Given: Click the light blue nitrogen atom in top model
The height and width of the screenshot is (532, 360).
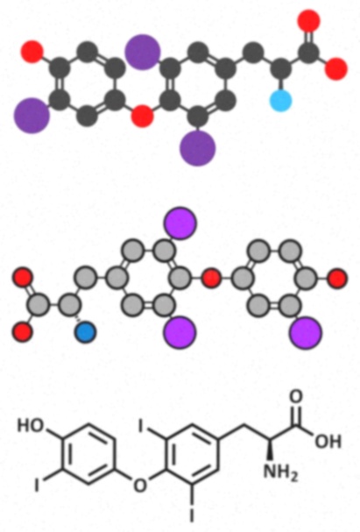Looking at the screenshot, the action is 280,100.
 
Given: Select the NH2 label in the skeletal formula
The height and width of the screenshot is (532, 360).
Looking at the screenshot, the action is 280,472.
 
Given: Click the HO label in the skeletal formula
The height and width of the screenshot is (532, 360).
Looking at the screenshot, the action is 32,425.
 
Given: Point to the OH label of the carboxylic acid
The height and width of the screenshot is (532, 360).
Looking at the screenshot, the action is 328,442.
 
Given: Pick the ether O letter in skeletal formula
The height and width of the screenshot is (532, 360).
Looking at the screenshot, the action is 139,485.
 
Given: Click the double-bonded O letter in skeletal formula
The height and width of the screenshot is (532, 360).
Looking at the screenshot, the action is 296,397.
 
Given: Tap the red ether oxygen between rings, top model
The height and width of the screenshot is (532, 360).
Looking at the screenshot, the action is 143,116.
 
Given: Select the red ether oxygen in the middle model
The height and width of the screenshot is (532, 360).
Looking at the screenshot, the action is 211,278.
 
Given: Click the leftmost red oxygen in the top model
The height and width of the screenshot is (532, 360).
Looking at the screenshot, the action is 32,52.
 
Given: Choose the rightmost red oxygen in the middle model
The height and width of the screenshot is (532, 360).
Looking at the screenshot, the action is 337,278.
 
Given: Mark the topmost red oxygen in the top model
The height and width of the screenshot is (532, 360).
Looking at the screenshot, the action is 308,21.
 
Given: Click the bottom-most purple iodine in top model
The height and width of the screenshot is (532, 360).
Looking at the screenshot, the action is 198,148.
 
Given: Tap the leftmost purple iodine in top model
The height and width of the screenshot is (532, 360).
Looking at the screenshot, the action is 32,116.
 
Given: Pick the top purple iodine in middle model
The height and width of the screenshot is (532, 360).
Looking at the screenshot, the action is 180,223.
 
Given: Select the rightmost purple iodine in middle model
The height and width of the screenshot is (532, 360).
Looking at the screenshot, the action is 306,332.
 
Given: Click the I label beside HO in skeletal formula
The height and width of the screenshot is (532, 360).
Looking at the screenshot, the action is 38,485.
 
